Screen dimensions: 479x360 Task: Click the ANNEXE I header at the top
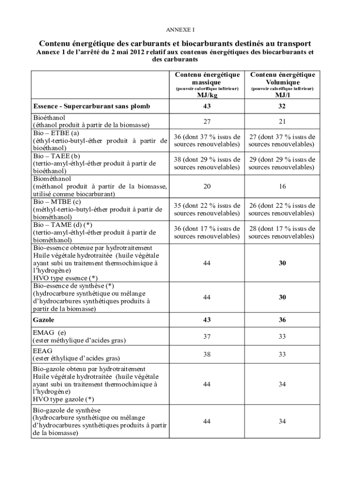tap(180, 29)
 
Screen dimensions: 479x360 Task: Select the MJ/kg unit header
tap(207, 95)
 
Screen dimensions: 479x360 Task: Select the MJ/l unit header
tap(282, 95)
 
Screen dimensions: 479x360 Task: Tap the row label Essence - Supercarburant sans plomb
tap(92, 106)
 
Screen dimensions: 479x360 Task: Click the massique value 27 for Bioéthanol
tap(207, 121)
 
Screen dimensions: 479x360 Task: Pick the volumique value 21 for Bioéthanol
tap(282, 121)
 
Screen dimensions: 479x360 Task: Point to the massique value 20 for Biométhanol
tap(207, 186)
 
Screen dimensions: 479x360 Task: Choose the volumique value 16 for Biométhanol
tap(282, 186)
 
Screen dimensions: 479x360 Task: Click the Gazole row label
tap(44, 320)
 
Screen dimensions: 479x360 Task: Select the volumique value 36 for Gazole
tap(282, 320)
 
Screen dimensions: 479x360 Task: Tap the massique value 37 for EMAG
tap(207, 336)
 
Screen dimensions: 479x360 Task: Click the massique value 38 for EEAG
tap(207, 354)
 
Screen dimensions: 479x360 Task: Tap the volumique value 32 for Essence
tap(282, 106)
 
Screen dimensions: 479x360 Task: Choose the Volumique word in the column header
tap(282, 82)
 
